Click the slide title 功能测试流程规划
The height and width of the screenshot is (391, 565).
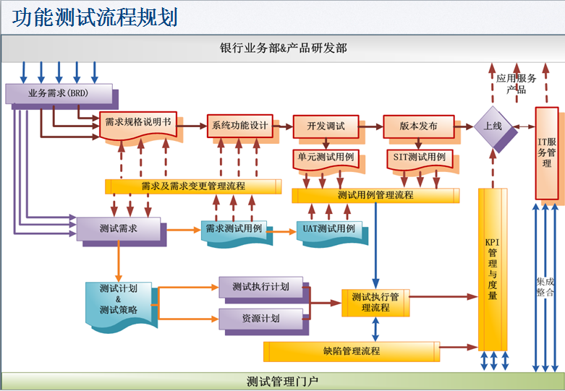click(95, 17)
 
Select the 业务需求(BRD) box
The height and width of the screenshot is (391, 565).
click(58, 93)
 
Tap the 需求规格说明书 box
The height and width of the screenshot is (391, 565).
click(138, 124)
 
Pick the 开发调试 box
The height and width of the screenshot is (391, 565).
click(325, 126)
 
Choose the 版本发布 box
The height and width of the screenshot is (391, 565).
click(418, 126)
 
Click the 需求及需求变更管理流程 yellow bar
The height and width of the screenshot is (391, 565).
click(193, 186)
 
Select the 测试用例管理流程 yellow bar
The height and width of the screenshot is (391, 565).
click(375, 195)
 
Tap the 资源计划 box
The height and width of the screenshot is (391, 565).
click(260, 318)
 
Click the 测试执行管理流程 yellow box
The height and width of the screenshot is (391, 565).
click(375, 302)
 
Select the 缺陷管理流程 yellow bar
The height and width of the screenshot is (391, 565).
click(351, 351)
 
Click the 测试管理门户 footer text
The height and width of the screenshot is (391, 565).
click(281, 382)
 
